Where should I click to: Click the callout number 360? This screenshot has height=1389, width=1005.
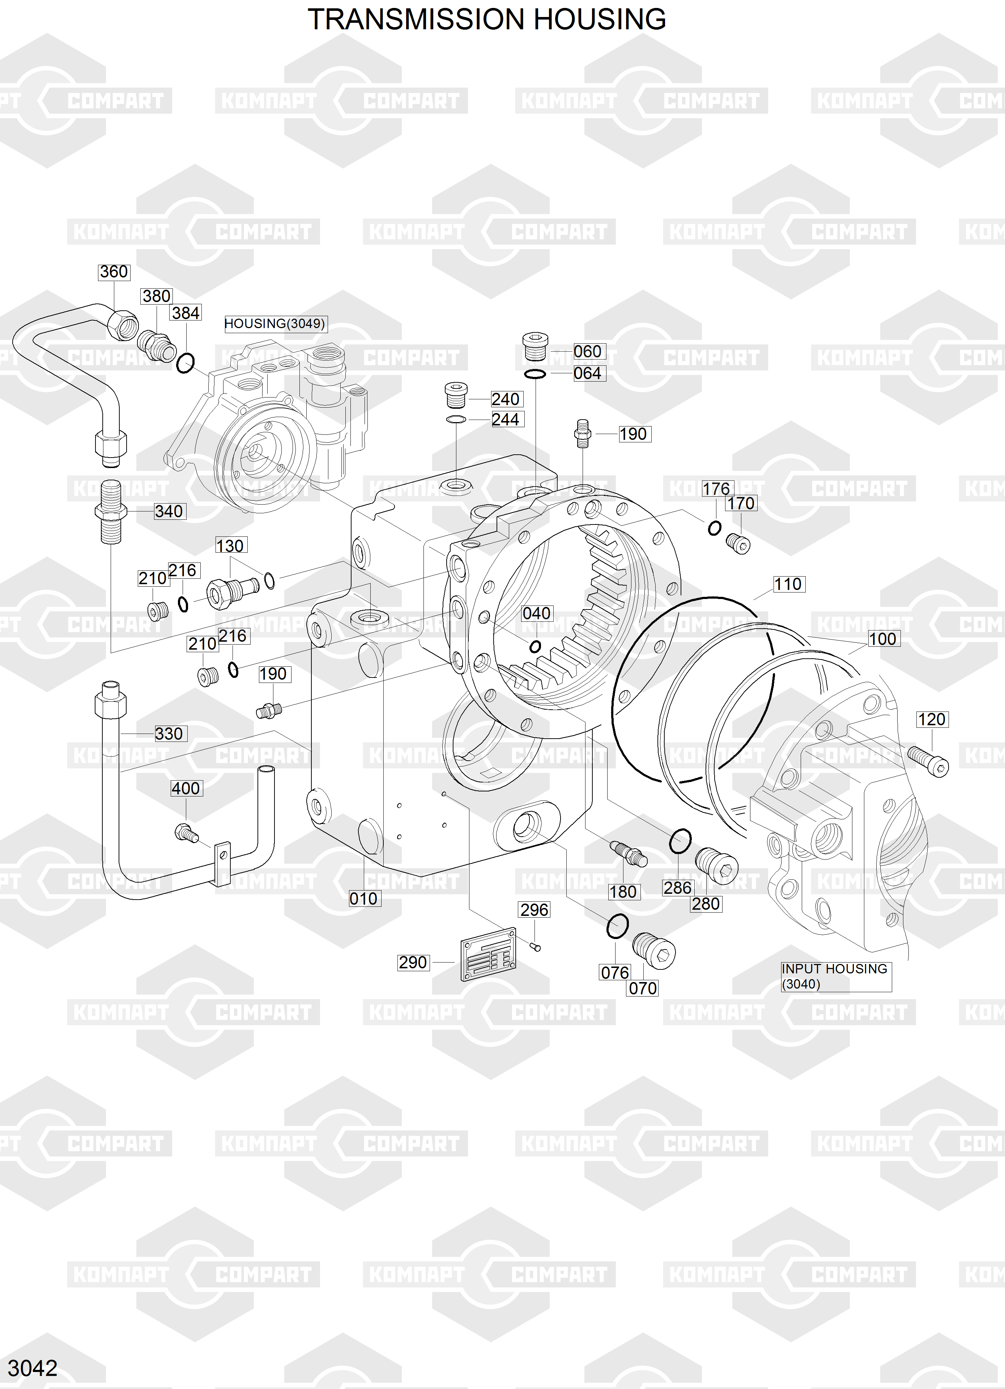(x=114, y=272)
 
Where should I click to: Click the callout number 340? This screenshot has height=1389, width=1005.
(x=169, y=511)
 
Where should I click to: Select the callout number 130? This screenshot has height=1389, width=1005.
(x=230, y=546)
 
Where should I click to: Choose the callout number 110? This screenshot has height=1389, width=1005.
(x=788, y=584)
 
